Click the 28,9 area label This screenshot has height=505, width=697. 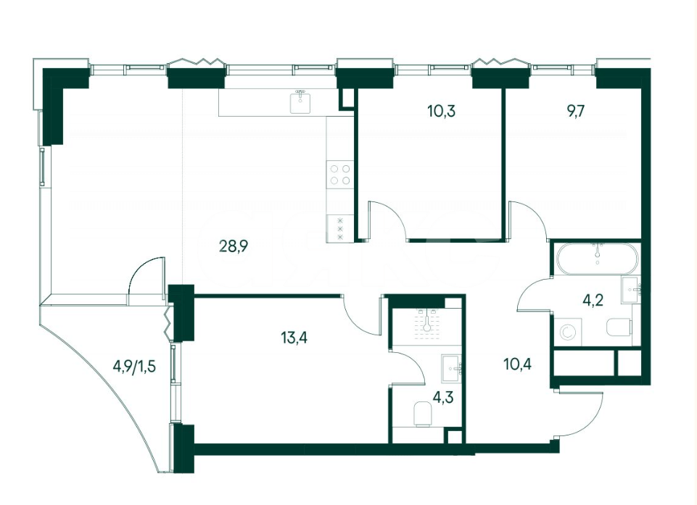pyautogui.click(x=234, y=245)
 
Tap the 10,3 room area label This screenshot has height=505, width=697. pyautogui.click(x=442, y=111)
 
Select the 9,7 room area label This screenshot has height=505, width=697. pyautogui.click(x=575, y=111)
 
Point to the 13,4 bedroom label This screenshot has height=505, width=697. pyautogui.click(x=294, y=338)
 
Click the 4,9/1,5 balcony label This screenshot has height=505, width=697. pyautogui.click(x=134, y=367)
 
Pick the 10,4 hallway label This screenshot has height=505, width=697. pyautogui.click(x=518, y=364)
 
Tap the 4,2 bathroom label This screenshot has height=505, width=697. pyautogui.click(x=593, y=300)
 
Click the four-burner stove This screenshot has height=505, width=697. pyautogui.click(x=340, y=174)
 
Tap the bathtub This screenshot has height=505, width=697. pyautogui.click(x=597, y=259)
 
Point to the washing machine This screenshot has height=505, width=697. pyautogui.click(x=568, y=332)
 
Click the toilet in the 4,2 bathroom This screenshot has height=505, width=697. pyautogui.click(x=619, y=327)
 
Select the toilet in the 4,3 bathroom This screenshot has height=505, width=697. pyautogui.click(x=423, y=414)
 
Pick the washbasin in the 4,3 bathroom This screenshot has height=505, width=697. pyautogui.click(x=453, y=368)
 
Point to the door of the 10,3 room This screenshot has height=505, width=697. pyautogui.click(x=387, y=221)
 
